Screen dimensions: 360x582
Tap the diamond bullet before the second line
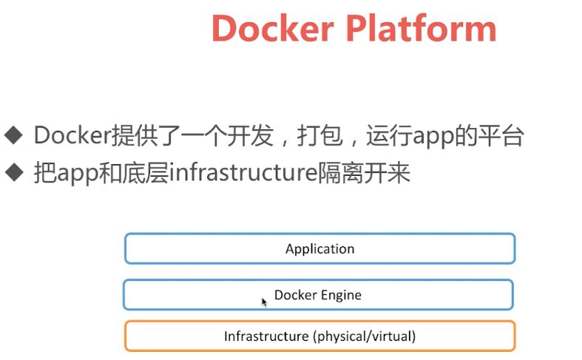point(13,172)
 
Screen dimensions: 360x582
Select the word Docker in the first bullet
point(72,135)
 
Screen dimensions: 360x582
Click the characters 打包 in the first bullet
point(317,135)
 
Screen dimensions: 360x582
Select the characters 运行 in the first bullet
point(393,135)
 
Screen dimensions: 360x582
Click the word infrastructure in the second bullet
point(243,173)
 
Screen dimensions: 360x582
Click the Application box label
point(319,248)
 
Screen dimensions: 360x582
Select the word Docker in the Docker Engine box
point(294,294)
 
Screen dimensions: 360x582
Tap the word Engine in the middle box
point(340,295)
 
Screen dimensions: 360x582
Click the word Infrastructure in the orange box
point(266,336)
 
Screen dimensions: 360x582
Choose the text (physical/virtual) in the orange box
point(365,336)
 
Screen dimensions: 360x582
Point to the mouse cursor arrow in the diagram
point(264,302)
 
